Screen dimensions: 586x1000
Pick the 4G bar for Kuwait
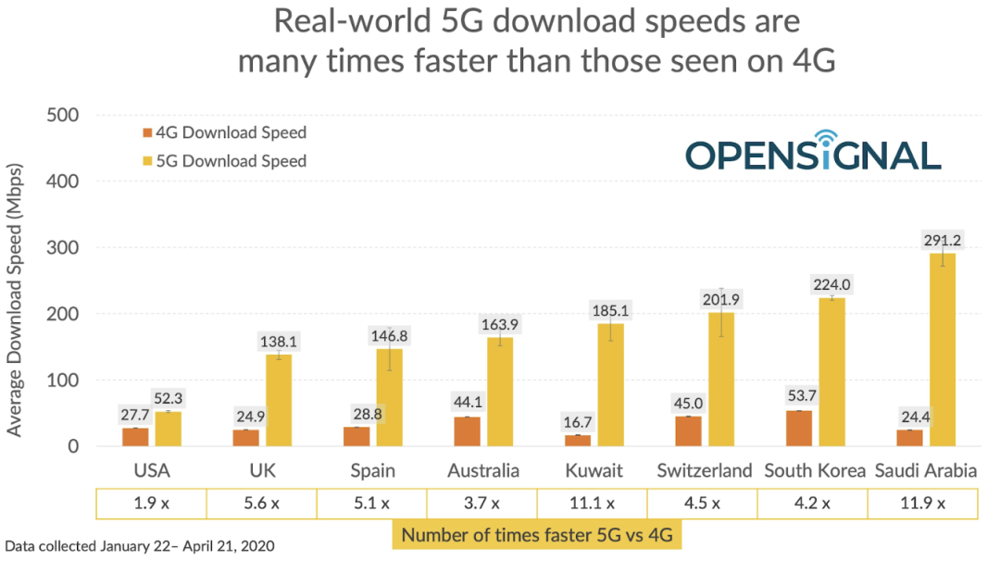point(578,441)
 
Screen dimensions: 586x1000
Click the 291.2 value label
point(944,240)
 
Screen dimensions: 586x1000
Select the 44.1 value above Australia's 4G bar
point(467,404)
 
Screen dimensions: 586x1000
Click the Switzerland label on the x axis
point(705,470)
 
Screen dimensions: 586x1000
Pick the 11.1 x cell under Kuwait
point(592,504)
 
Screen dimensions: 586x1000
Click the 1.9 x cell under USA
point(150,504)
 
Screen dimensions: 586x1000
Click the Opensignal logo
point(813,153)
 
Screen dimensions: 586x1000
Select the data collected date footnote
point(140,546)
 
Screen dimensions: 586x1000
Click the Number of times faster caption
point(536,534)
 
